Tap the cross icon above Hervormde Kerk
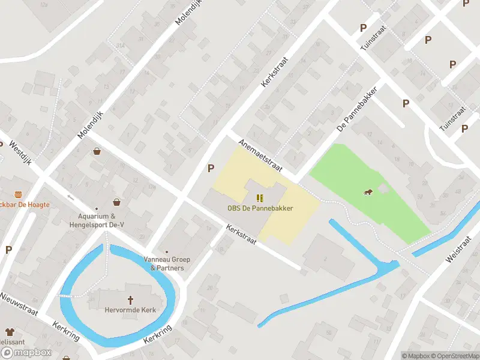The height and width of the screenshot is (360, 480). (x=130, y=299)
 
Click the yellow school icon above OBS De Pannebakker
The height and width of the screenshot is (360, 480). (x=260, y=198)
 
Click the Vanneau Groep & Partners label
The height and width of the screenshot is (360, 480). (x=167, y=264)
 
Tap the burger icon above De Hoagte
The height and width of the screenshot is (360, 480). (x=18, y=194)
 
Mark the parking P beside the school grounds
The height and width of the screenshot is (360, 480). (x=211, y=169)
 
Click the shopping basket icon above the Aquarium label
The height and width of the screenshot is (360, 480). (x=116, y=202)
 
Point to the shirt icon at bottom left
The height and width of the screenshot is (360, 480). (x=10, y=331)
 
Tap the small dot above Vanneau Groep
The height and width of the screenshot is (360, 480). (x=167, y=253)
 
